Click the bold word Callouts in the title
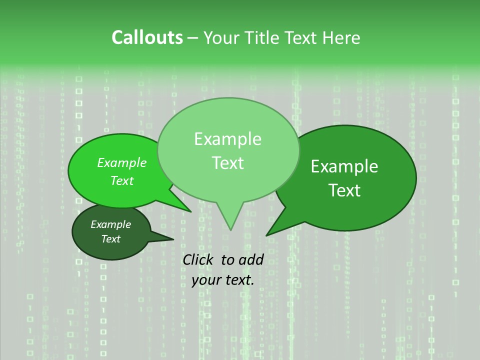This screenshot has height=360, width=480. (147, 37)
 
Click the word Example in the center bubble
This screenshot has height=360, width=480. (227, 139)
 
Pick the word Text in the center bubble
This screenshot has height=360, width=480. (227, 163)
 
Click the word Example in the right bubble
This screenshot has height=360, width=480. (344, 166)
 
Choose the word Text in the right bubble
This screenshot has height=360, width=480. (344, 190)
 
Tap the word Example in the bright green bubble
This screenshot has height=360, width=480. (122, 162)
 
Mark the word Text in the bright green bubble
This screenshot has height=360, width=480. (122, 181)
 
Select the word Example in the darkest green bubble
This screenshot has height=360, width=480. (110, 224)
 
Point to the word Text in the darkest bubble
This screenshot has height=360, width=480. (110, 239)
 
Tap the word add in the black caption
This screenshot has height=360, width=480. (251, 259)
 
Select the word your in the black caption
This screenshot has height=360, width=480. (206, 280)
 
